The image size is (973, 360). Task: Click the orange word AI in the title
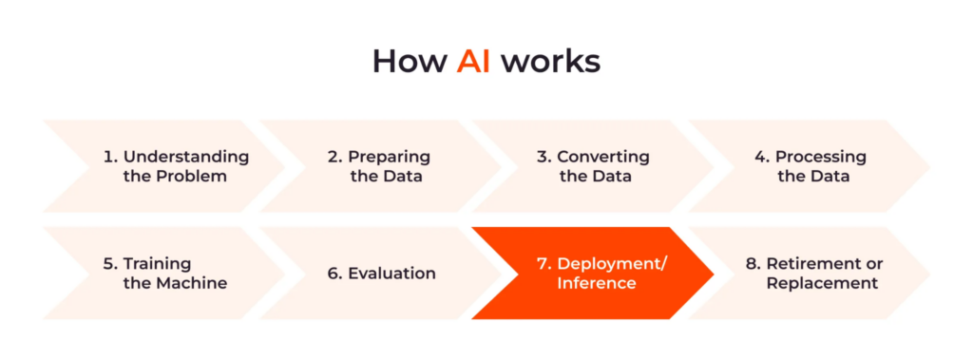[x=473, y=61]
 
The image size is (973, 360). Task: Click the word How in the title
[x=410, y=61]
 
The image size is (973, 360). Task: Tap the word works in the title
[x=551, y=61]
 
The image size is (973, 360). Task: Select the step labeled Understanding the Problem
[x=177, y=166]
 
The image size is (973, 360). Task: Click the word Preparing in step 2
[x=389, y=157]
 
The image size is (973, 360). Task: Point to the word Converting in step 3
[x=603, y=157]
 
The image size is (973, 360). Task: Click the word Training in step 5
[x=158, y=263]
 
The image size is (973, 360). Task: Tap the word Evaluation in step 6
[x=391, y=274]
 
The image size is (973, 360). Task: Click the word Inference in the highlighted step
[x=597, y=283]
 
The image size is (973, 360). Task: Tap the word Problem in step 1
[x=194, y=177]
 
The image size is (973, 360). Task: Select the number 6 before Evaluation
[x=334, y=274]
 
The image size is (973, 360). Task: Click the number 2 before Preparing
[x=334, y=157]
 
